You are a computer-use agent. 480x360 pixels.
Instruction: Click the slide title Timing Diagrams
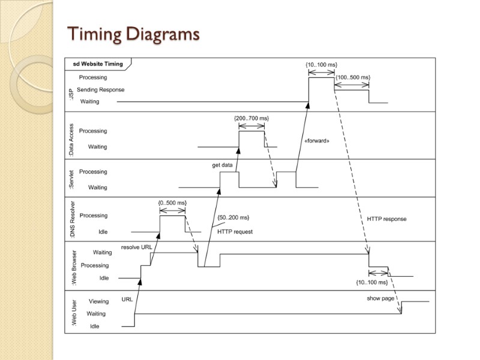click(133, 34)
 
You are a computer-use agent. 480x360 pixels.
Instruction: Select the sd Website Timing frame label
click(98, 64)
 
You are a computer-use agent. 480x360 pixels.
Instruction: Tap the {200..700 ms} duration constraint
click(251, 118)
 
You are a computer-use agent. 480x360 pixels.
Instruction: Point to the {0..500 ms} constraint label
click(172, 203)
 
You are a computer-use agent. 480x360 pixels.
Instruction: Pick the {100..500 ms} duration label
click(353, 77)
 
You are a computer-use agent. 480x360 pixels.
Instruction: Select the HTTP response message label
click(386, 219)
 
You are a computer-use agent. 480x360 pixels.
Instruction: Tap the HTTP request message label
click(235, 232)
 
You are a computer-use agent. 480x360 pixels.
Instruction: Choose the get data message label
click(222, 165)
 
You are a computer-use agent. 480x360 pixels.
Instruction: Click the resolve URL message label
click(136, 247)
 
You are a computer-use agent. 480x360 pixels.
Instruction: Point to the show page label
click(381, 298)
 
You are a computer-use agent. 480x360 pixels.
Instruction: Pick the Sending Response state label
click(101, 89)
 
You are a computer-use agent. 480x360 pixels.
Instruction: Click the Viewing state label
click(99, 301)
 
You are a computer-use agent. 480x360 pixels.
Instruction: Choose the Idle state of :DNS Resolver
click(102, 232)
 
